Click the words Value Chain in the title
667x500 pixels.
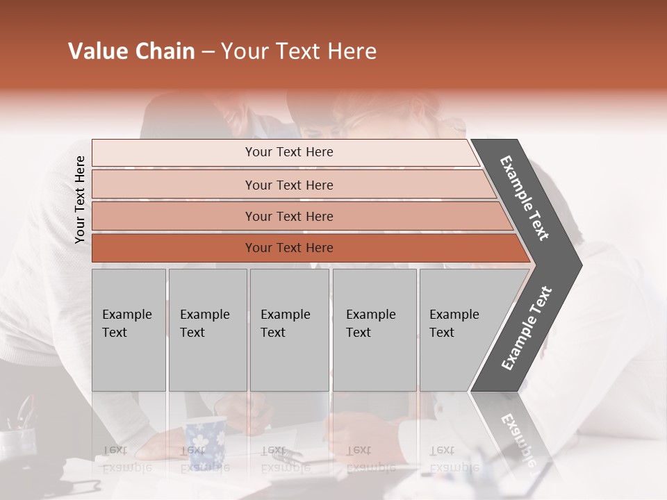tap(131, 51)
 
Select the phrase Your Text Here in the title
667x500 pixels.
tap(299, 51)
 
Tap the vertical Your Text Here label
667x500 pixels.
tap(80, 199)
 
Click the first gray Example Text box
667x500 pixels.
tap(129, 330)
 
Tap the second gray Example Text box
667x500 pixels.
tap(208, 330)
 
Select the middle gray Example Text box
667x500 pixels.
tap(289, 330)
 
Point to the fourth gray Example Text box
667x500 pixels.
tap(374, 330)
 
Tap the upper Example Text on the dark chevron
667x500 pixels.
tap(525, 198)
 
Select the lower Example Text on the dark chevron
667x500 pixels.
tap(526, 328)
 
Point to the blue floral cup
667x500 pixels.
tap(205, 441)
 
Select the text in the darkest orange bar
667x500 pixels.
tap(289, 248)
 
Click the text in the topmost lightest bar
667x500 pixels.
tap(289, 152)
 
